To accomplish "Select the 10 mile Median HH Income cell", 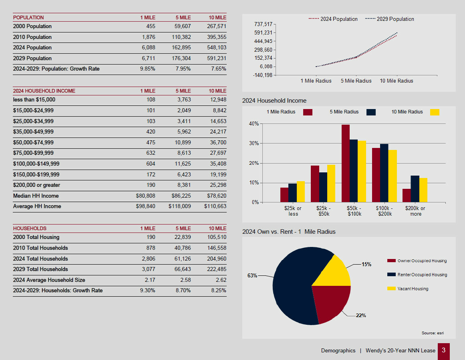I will [x=215, y=196].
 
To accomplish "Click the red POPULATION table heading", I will [x=28, y=18].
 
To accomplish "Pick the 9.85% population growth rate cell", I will [x=148, y=69].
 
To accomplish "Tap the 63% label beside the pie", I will [x=252, y=276].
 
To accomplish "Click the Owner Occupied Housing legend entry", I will [x=422, y=261].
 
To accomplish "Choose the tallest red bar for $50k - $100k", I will [x=345, y=164].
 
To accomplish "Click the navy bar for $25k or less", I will [x=292, y=193].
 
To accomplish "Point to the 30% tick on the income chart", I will [x=254, y=144].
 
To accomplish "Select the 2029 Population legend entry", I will [x=395, y=19].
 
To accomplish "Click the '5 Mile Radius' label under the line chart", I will [x=356, y=81].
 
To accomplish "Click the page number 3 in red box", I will [x=443, y=350].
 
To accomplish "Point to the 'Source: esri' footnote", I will [x=433, y=333].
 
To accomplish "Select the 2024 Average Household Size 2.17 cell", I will [x=151, y=280].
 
